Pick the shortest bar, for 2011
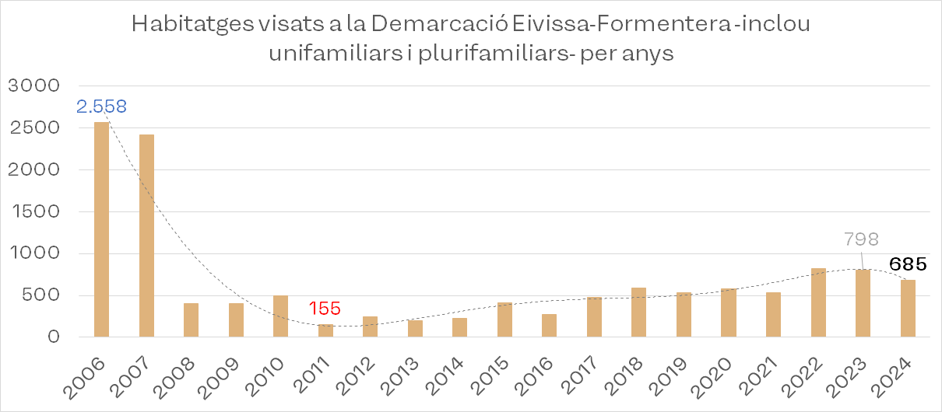tap(325, 330)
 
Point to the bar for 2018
tap(638, 312)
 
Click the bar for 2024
tap(908, 308)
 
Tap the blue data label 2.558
tap(101, 106)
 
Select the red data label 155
tap(325, 309)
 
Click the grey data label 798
tap(861, 239)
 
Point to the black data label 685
tap(908, 264)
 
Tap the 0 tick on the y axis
tap(52, 337)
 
